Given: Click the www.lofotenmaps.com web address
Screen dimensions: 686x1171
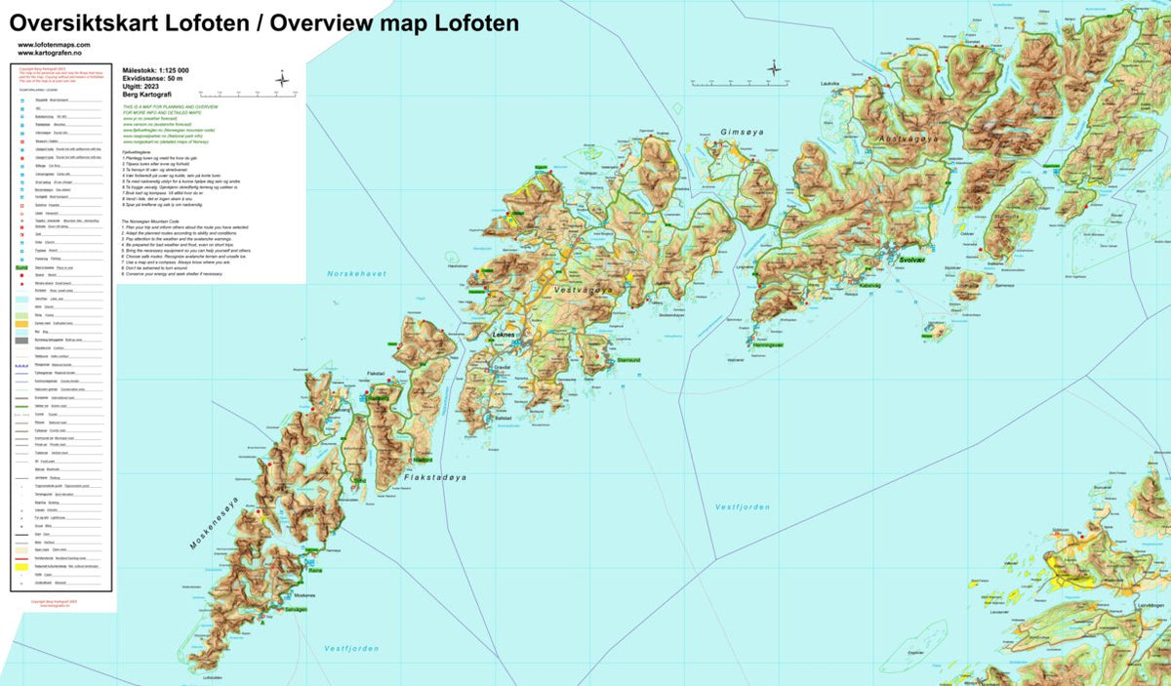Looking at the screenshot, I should pyautogui.click(x=54, y=45).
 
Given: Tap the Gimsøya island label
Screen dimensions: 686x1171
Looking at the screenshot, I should pyautogui.click(x=739, y=132).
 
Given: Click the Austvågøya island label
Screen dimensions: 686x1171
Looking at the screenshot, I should pyautogui.click(x=909, y=140).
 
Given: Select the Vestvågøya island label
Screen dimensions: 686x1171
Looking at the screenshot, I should pyautogui.click(x=584, y=290).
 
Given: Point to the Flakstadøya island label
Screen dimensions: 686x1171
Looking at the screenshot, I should pyautogui.click(x=436, y=478).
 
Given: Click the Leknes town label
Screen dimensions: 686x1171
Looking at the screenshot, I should pyautogui.click(x=505, y=335).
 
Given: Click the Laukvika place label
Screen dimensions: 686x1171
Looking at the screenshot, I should pyautogui.click(x=831, y=84).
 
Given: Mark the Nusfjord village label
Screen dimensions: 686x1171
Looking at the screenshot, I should pyautogui.click(x=422, y=459).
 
